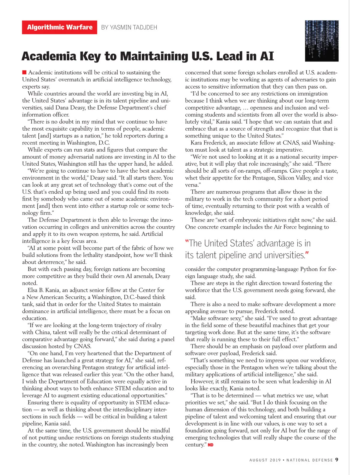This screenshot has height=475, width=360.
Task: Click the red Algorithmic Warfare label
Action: (59, 27)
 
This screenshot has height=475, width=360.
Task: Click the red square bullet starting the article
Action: (24, 72)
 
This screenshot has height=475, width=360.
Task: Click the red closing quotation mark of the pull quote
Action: (307, 254)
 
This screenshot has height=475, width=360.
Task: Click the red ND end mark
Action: (211, 445)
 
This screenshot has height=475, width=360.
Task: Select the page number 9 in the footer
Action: (337, 460)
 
